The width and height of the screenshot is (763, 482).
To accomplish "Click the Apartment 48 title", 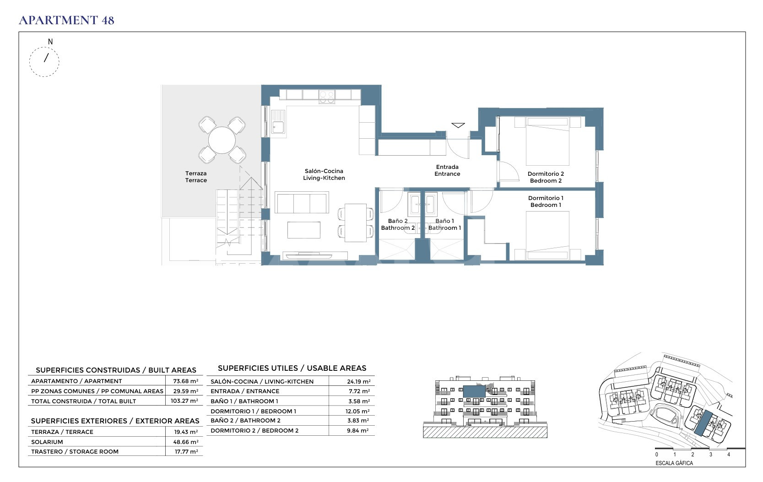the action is click(x=66, y=20).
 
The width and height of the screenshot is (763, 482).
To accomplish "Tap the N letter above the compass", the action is click(x=50, y=42).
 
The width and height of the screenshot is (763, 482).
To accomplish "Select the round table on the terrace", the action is click(x=222, y=140).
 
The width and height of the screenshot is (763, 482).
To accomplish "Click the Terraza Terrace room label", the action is click(x=196, y=177).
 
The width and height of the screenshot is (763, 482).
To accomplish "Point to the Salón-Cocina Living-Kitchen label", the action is click(x=324, y=174).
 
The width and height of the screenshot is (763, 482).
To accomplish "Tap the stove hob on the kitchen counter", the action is click(x=327, y=97).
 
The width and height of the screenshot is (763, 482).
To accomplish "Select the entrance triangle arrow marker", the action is click(x=458, y=125).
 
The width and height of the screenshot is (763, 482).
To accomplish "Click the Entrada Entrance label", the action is click(x=447, y=170).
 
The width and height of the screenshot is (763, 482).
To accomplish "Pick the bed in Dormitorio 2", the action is click(x=547, y=141).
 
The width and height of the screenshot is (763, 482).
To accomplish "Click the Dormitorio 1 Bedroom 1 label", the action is click(x=546, y=201).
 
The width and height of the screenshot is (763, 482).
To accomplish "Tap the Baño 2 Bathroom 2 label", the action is click(x=398, y=224).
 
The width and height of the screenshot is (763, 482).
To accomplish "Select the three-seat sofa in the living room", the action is click(x=302, y=203).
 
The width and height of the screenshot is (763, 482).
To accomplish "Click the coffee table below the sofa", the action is click(x=304, y=230).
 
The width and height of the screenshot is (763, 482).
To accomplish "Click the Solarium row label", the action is click(x=47, y=442).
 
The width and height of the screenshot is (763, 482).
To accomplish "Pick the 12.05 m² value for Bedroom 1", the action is click(x=357, y=411).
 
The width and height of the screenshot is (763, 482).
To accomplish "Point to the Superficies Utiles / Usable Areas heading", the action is click(x=292, y=368).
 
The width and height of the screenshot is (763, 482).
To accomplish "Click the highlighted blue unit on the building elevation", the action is click(x=474, y=392).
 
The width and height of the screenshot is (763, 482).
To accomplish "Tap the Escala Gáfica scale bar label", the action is click(x=674, y=463).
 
